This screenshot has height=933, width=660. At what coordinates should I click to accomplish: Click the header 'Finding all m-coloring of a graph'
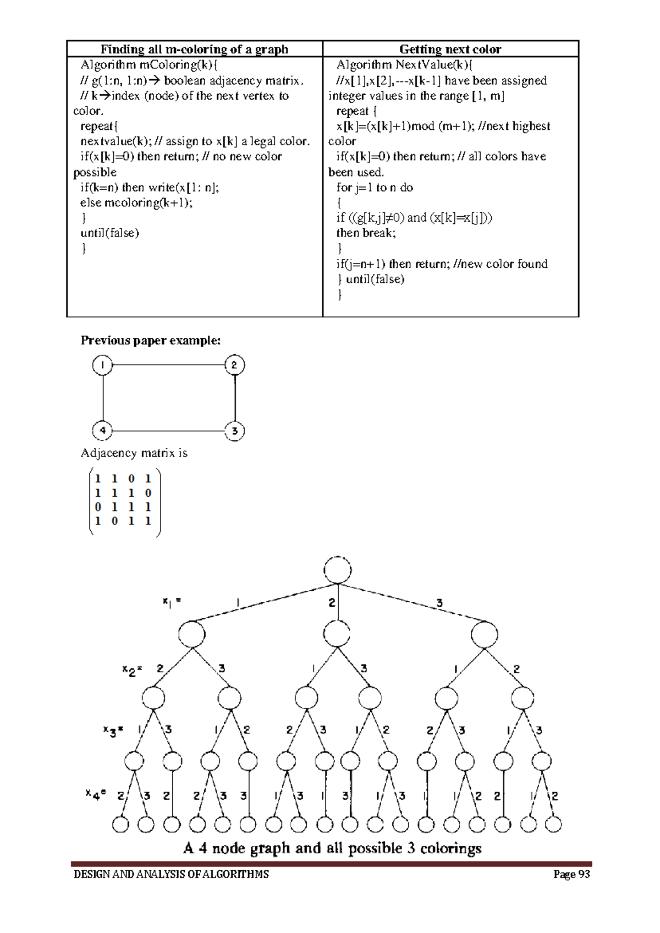[x=194, y=49]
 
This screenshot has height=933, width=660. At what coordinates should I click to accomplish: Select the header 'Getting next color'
[x=450, y=49]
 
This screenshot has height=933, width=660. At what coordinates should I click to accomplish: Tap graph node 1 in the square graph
[x=102, y=365]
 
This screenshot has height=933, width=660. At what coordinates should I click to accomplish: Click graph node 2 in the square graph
[x=234, y=365]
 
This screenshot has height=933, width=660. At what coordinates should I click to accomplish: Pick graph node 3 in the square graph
[x=234, y=431]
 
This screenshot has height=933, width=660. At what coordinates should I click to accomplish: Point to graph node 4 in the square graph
[x=102, y=430]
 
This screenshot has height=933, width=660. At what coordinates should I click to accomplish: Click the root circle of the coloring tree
[x=338, y=570]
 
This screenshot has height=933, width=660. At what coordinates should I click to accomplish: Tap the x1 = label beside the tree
[x=172, y=602]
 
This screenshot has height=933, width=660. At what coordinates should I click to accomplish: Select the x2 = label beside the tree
[x=132, y=669]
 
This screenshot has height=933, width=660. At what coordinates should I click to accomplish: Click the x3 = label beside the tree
[x=113, y=730]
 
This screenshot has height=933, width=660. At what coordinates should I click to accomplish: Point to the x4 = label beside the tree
[x=96, y=793]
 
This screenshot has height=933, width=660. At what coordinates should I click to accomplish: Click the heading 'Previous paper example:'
[x=151, y=341]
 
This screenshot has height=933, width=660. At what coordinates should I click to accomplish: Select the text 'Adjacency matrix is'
[x=134, y=453]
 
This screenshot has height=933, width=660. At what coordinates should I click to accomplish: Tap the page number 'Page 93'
[x=571, y=874]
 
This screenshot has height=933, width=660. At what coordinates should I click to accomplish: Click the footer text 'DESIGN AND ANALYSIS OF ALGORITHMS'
[x=171, y=874]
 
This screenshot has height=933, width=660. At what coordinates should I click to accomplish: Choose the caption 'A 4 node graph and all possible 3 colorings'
[x=332, y=848]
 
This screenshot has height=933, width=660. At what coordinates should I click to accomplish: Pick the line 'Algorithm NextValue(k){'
[x=405, y=65]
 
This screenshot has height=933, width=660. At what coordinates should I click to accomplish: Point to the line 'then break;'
[x=366, y=233]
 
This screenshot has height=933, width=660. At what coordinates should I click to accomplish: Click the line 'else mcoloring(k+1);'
[x=136, y=202]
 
